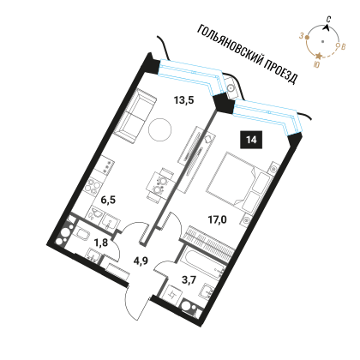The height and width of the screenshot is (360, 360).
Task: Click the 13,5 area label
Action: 184,100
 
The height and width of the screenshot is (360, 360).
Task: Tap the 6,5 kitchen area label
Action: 108,200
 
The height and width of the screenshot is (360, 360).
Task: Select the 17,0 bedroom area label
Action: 217,219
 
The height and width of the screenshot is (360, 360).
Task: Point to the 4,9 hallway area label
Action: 141,261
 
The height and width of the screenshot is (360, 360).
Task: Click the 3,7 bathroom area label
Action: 189,280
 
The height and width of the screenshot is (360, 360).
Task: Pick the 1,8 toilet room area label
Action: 101,243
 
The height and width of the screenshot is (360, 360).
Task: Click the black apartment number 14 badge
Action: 251,140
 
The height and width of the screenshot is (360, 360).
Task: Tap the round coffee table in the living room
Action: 160,129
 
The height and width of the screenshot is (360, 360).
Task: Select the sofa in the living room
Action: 135,116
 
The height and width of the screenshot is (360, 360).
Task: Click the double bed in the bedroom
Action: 239,183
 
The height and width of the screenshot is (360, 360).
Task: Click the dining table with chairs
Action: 160,185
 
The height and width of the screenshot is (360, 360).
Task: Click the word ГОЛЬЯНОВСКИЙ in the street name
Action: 230,47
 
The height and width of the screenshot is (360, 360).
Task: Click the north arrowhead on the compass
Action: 327,27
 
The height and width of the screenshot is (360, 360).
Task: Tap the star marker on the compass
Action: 318,56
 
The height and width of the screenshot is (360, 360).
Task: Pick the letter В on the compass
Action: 344,46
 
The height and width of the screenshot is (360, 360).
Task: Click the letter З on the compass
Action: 301,36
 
